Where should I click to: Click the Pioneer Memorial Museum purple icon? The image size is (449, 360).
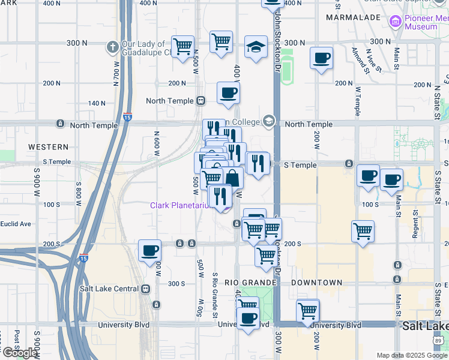[396, 22]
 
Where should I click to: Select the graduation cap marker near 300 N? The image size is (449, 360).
[256, 48]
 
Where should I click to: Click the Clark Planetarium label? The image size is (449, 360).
[179, 206]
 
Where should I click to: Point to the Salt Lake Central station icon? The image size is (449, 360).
[146, 289]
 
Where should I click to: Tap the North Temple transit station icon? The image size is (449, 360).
[202, 101]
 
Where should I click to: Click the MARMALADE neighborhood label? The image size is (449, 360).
[353, 18]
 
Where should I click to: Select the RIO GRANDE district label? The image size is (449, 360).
[250, 283]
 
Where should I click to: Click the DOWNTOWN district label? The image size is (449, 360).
[317, 283]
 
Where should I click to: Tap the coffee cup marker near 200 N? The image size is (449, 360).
[228, 93]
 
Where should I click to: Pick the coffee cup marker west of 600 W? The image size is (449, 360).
[149, 250]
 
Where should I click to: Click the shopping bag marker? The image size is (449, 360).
[232, 178]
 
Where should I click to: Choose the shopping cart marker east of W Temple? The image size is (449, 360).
[363, 230]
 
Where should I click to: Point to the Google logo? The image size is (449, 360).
[20, 353]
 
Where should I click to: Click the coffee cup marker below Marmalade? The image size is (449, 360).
[322, 58]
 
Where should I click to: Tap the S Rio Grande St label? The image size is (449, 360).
[214, 292]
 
